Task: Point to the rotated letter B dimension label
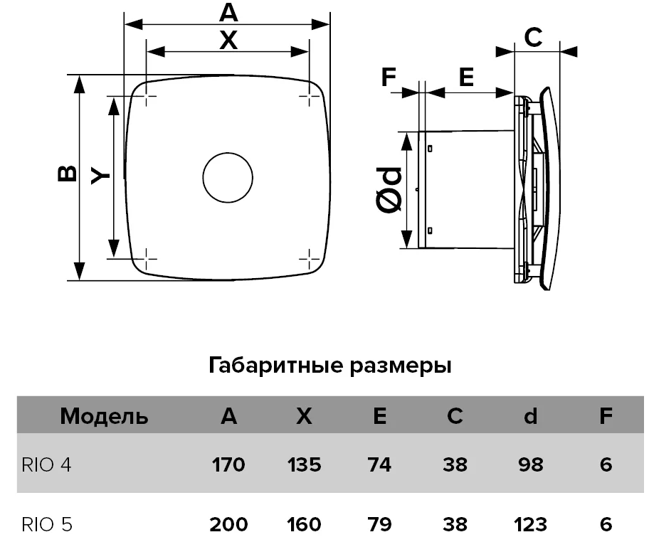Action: click(x=67, y=174)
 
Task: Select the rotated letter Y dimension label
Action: click(x=100, y=176)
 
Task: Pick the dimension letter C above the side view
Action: click(x=533, y=37)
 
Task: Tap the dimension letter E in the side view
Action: click(x=467, y=77)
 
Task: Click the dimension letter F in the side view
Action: click(x=389, y=77)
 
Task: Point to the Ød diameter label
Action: click(x=389, y=190)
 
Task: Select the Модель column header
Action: click(x=105, y=416)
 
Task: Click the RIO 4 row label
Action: click(x=46, y=464)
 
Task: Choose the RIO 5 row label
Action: click(x=47, y=525)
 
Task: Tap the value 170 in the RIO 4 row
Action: click(x=228, y=464)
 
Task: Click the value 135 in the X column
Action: click(x=305, y=464)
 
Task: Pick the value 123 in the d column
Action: click(x=531, y=525)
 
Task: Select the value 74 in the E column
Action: click(x=379, y=464)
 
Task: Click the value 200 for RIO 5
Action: click(x=228, y=525)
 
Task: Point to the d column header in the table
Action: click(x=531, y=416)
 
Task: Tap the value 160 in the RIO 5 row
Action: click(x=305, y=525)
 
